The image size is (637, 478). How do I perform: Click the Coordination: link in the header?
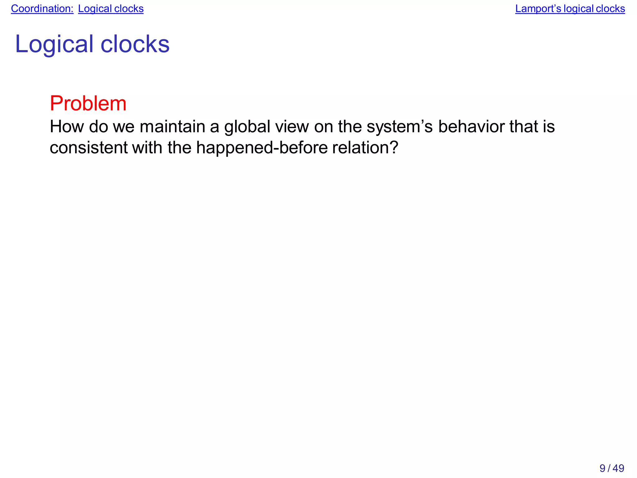[42, 9]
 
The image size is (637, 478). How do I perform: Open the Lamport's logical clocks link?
[570, 9]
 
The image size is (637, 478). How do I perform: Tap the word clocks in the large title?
[135, 44]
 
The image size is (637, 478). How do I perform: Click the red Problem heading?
[88, 103]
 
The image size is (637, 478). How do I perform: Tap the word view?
[292, 127]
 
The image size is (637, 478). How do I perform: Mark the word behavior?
[471, 127]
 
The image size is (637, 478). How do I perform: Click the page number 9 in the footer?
[602, 468]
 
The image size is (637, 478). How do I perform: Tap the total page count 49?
[618, 468]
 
